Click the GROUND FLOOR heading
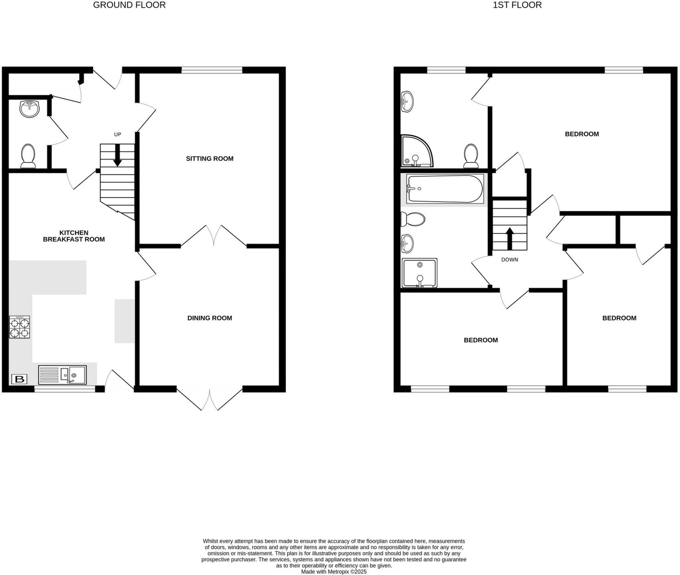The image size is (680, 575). tap(129, 5)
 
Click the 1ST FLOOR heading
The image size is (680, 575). tap(517, 5)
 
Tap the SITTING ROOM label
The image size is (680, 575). tap(209, 159)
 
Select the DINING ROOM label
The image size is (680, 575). tap(209, 318)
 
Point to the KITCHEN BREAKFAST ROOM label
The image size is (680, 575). tap(74, 236)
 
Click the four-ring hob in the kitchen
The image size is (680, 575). tap(19, 327)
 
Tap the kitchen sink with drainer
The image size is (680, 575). tap(62, 375)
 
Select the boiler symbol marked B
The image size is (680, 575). tap(19, 379)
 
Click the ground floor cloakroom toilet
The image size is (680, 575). tap(28, 156)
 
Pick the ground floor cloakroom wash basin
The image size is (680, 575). tap(29, 108)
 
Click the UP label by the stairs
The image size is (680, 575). tap(118, 134)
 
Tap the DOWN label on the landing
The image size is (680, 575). tap(509, 260)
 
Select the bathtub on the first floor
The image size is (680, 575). tap(445, 189)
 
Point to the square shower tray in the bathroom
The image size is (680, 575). tap(419, 273)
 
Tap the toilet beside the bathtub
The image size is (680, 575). tap(413, 219)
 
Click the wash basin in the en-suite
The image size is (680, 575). tap(407, 101)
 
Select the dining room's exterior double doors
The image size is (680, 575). tap(210, 398)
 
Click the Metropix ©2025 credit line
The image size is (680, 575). tap(333, 572)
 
